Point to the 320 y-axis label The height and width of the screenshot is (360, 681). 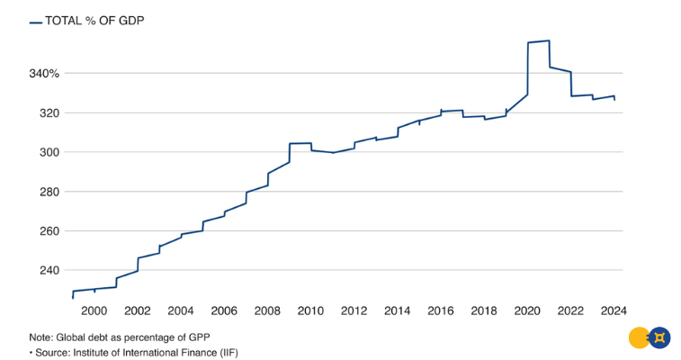coord(48,112)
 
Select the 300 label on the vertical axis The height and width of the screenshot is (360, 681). coord(48,152)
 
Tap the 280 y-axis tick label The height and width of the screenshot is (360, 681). coord(48,192)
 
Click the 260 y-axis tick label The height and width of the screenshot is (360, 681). coord(48,231)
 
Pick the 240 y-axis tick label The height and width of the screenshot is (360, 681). coord(48,271)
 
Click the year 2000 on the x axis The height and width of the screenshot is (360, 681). coord(94,310)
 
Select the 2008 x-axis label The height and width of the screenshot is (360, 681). coord(267,310)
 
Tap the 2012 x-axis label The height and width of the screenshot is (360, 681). coord(354,310)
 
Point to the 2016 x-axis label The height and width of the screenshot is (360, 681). coord(441,310)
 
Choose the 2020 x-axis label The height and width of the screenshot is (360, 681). coord(527,310)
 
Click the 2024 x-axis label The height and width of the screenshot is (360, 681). coord(614,310)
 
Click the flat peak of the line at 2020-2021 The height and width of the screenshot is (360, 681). coord(538,41)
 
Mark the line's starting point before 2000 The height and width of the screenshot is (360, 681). coord(73,297)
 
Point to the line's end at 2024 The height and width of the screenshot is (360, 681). coord(614,99)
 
